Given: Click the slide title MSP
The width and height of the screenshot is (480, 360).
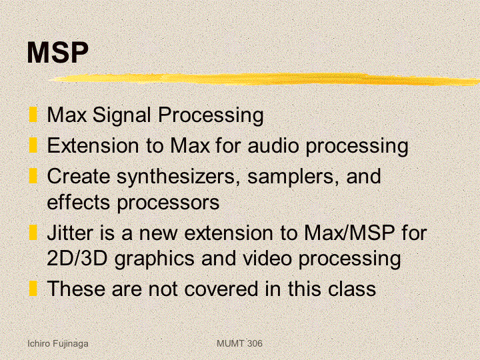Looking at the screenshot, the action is tap(57, 52).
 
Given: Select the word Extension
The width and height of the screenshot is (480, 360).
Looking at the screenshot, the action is tap(93, 145).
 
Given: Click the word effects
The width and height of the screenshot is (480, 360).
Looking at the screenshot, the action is tap(78, 202).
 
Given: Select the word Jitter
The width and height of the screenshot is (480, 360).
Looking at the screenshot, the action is tap(70, 233).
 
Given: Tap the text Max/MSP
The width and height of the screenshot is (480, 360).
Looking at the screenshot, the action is tap(349, 233).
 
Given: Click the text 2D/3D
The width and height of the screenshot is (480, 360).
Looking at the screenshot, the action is tap(77, 258).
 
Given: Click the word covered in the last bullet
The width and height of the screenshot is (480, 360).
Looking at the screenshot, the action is tap(221, 289).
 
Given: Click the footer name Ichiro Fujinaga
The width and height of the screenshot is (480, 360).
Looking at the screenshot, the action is tap(58, 344).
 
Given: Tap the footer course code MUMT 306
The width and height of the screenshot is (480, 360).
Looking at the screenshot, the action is tap(239, 343).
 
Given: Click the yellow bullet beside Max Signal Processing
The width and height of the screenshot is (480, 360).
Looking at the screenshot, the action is tap(33, 115).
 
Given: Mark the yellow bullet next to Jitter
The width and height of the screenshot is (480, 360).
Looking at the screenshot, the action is tap(33, 233).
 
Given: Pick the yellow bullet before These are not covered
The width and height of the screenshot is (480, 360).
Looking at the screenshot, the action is tap(33, 289).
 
